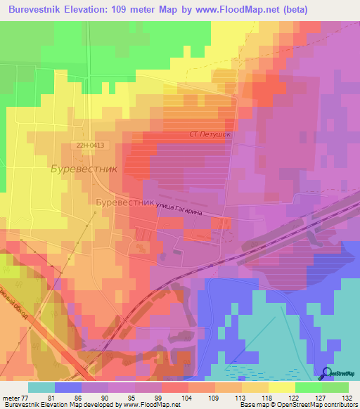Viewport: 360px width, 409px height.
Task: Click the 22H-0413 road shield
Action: (x=91, y=145)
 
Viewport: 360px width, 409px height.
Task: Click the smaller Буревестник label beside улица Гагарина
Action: (x=124, y=201)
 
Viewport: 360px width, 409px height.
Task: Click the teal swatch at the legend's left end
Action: (x=41, y=387)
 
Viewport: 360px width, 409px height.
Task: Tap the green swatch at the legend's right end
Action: (x=335, y=387)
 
